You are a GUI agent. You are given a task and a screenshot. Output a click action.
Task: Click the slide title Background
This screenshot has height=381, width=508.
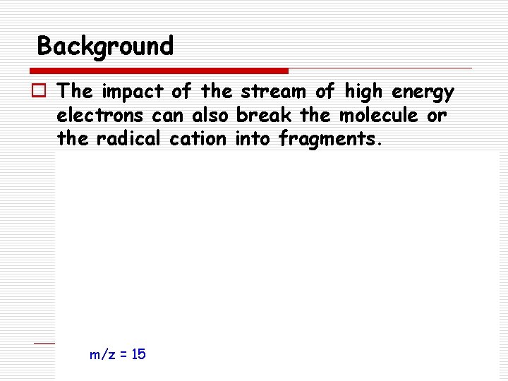pos(105,47)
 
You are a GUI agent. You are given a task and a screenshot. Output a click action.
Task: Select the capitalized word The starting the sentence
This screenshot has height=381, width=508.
pos(76,91)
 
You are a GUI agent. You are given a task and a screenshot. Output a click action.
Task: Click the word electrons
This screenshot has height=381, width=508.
pos(102,114)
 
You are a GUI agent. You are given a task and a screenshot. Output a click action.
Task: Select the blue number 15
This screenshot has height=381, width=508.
pos(138,353)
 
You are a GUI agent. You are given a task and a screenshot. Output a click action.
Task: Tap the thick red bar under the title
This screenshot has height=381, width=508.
pos(159,71)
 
